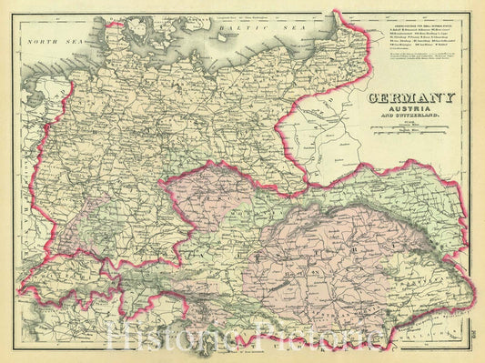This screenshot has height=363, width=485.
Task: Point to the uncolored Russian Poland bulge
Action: point(318,127)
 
